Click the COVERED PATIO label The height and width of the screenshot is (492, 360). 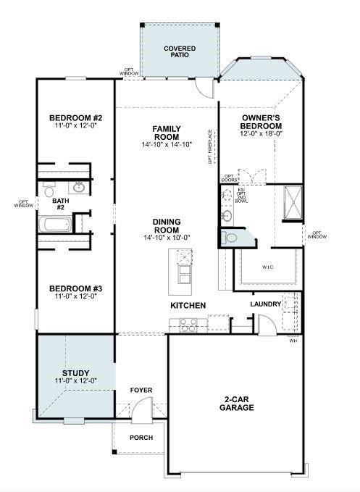pos(179,51)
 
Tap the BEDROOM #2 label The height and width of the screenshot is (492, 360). pos(76,118)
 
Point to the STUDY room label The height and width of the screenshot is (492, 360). pos(75,372)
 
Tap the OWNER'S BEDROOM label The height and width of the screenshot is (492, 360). pos(261,121)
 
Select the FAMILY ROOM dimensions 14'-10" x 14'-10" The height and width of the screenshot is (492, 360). pos(166,145)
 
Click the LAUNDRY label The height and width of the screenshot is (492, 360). pos(265,304)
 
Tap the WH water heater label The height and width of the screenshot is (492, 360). pos(293,340)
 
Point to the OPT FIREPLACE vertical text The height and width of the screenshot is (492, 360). pos(211,147)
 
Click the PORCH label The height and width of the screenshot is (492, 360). pos(141,438)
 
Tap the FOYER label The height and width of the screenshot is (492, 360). pos(141,390)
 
